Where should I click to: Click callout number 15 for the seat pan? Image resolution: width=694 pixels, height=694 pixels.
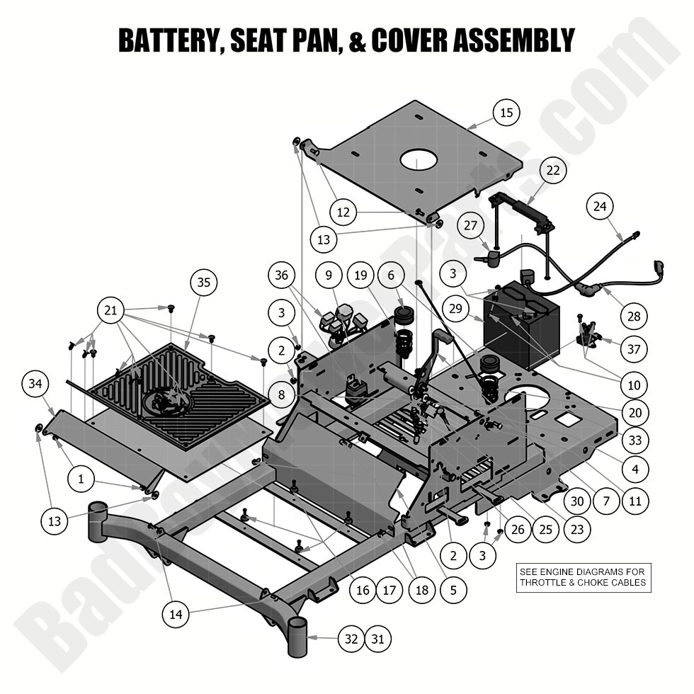click(506, 113)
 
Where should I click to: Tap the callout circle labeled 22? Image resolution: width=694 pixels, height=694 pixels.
click(553, 170)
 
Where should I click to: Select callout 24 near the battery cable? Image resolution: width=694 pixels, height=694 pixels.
click(600, 207)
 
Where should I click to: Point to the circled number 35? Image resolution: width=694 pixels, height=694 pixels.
click(203, 283)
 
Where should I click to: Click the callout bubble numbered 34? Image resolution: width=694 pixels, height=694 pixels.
click(34, 385)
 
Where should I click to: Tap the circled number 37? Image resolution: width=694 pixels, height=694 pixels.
click(633, 348)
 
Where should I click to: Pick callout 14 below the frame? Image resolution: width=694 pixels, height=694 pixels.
click(176, 614)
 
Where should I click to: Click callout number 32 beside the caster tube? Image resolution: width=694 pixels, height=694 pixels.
click(351, 638)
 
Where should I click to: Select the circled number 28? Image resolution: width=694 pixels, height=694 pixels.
click(634, 316)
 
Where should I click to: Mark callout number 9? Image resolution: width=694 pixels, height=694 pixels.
click(329, 275)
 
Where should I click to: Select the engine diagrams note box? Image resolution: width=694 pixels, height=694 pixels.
click(583, 576)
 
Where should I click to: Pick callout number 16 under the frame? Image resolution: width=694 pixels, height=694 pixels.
click(363, 590)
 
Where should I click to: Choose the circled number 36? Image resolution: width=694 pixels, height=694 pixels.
click(281, 275)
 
